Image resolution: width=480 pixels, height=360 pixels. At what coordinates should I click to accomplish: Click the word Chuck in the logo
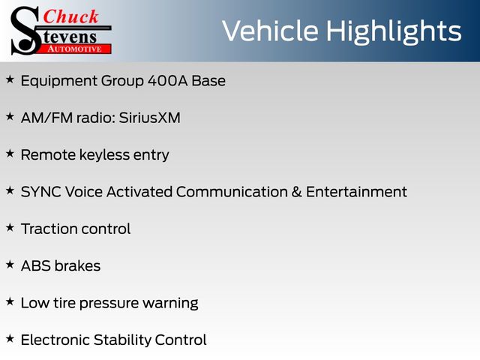pos(70,16)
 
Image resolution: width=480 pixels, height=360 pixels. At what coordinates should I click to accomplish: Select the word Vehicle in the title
pos(270,31)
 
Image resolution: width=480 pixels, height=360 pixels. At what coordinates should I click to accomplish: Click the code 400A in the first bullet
pos(167,81)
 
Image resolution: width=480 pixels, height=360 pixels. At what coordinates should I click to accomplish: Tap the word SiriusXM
pos(150,118)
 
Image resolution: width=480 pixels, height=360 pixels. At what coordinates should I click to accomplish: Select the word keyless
pos(105,154)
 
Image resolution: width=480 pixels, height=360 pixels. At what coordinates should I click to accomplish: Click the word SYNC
pos(40,192)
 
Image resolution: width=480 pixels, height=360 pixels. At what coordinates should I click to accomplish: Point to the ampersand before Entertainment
pos(297,192)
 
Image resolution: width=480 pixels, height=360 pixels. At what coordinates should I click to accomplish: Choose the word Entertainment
pos(356,192)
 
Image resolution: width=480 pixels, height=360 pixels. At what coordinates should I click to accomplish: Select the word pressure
pos(109,304)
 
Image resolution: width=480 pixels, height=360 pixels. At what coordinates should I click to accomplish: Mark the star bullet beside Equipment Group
pos(10,79)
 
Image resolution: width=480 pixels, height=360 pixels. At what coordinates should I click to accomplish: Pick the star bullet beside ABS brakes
pos(10,265)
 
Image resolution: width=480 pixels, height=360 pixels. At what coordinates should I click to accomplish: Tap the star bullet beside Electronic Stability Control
pos(10,338)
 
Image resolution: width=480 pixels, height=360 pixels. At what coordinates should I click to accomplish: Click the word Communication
pos(232,192)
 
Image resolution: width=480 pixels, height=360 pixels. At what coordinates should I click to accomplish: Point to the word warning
pos(170,304)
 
